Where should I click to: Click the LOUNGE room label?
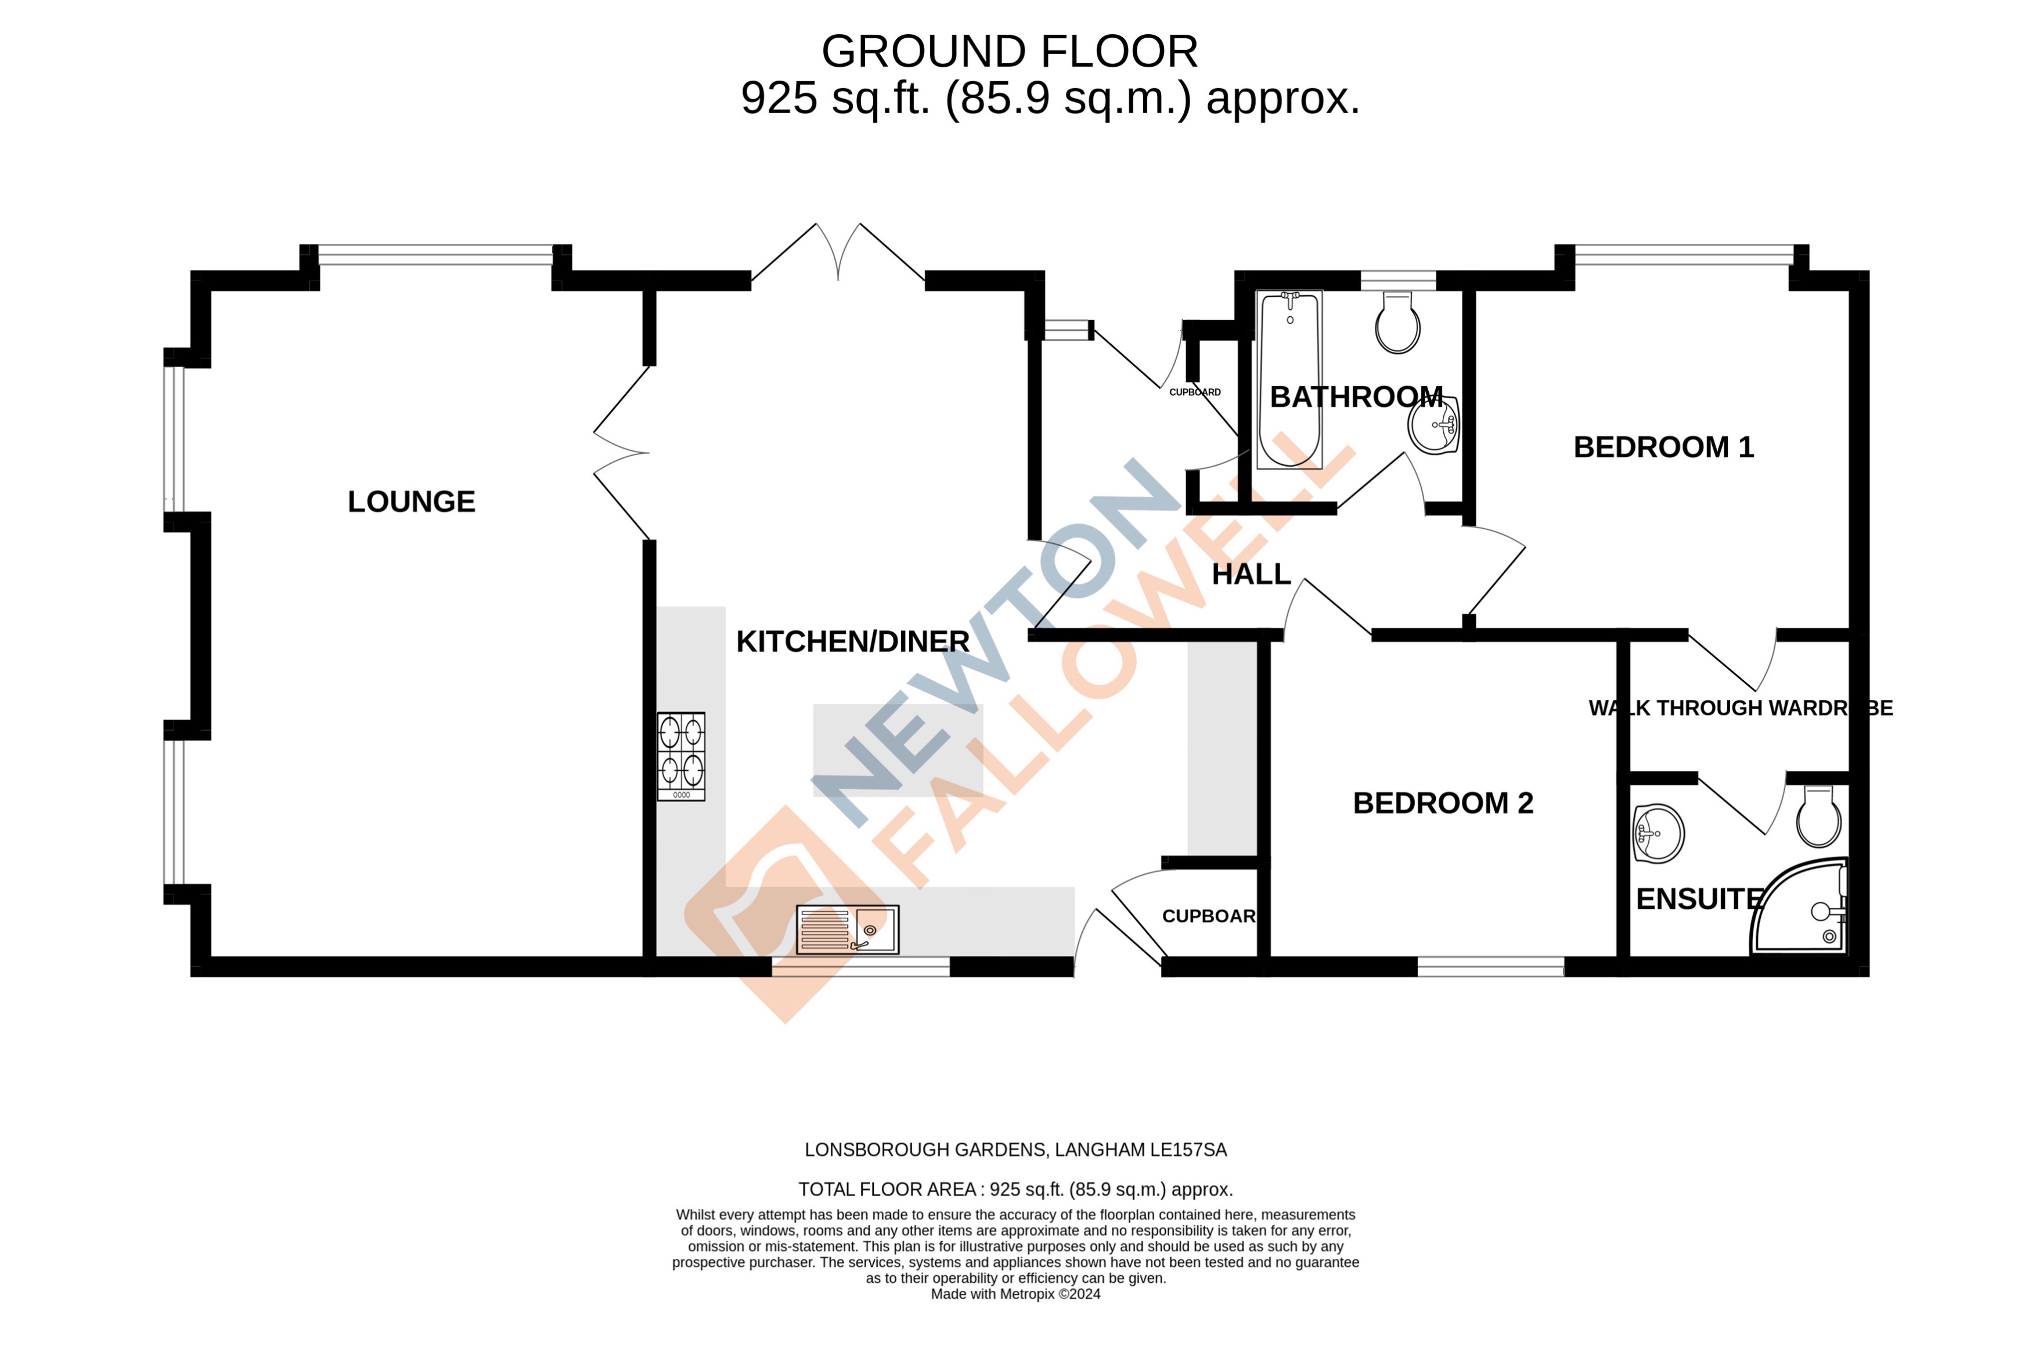[x=411, y=501]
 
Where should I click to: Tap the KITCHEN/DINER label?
[x=852, y=641]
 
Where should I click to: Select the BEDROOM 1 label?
[x=1662, y=447]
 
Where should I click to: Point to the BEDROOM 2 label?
[x=1442, y=803]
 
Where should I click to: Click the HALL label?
[x=1250, y=574]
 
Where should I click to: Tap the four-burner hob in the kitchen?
[x=680, y=756]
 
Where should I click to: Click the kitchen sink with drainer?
[x=846, y=929]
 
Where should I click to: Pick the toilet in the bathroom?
[x=1397, y=323]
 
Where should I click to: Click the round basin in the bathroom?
[x=1433, y=425]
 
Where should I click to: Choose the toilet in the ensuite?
[x=1818, y=815]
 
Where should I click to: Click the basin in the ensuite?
[x=1657, y=833]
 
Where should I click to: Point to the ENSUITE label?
[x=1698, y=898]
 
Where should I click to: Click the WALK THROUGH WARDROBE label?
[x=1740, y=708]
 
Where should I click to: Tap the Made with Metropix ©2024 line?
[x=1015, y=1294]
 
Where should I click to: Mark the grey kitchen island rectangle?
[x=897, y=750]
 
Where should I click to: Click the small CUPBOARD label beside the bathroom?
[x=1194, y=392]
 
